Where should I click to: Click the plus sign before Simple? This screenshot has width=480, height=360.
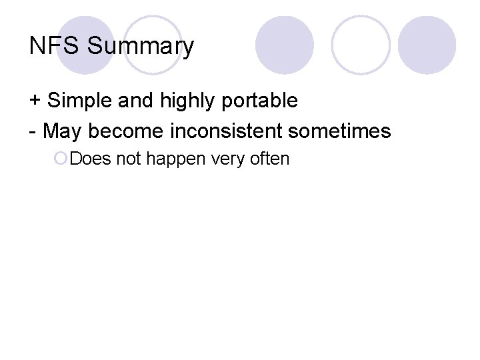click(35, 101)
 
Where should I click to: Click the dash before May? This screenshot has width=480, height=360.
click(33, 131)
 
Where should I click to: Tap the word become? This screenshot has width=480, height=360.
click(125, 131)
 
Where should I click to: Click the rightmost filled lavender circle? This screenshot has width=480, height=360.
click(427, 45)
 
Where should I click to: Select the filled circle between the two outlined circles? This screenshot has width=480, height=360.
click(285, 45)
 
